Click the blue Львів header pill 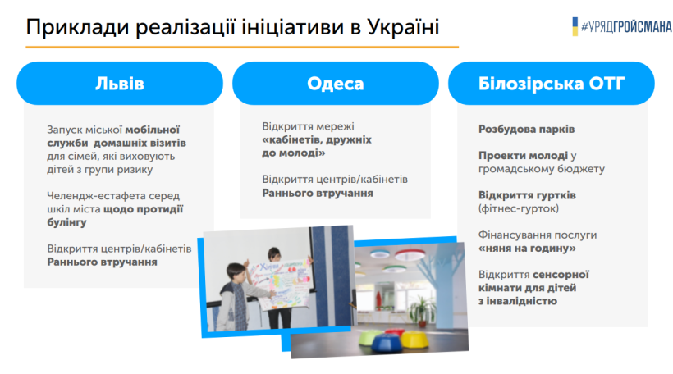(120, 83)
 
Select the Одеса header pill (336, 83)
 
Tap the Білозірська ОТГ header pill (552, 83)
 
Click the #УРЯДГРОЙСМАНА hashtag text (627, 26)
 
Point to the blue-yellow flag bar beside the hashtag (575, 26)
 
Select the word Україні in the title (404, 26)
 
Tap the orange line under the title (242, 47)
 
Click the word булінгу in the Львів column (67, 222)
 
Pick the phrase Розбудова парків (527, 129)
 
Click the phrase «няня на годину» (527, 249)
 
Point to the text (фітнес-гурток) (519, 209)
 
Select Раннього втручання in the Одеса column (318, 193)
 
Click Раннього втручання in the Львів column (102, 262)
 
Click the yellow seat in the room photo (414, 340)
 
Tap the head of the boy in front (236, 273)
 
